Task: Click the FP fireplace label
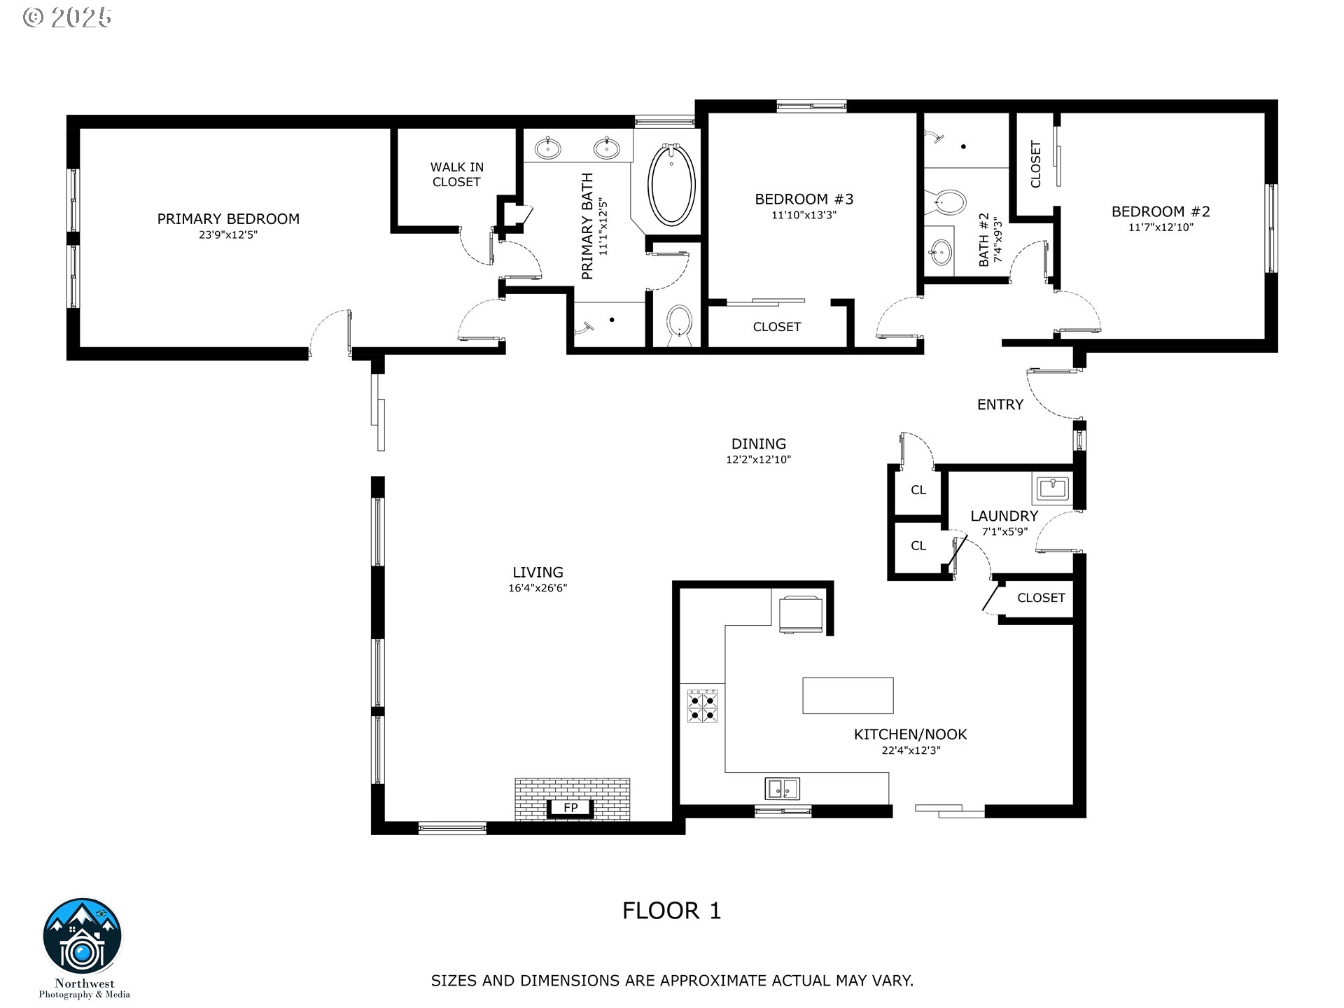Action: tap(570, 808)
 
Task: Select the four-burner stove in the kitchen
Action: tap(703, 706)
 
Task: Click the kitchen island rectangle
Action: tap(848, 695)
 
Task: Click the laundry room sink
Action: tap(1051, 488)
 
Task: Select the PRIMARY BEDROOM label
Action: tap(228, 219)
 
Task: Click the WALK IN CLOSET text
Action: tap(456, 174)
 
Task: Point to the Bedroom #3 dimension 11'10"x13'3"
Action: tap(804, 216)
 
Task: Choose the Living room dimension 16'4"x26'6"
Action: tap(538, 588)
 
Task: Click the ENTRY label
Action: tap(1000, 405)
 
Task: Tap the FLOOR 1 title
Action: tap(671, 911)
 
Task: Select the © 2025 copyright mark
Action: tap(67, 17)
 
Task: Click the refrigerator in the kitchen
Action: tap(802, 614)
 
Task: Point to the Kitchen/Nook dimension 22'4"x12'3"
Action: tap(911, 750)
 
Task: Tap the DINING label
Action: tap(759, 444)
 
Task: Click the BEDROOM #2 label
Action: tap(1161, 211)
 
